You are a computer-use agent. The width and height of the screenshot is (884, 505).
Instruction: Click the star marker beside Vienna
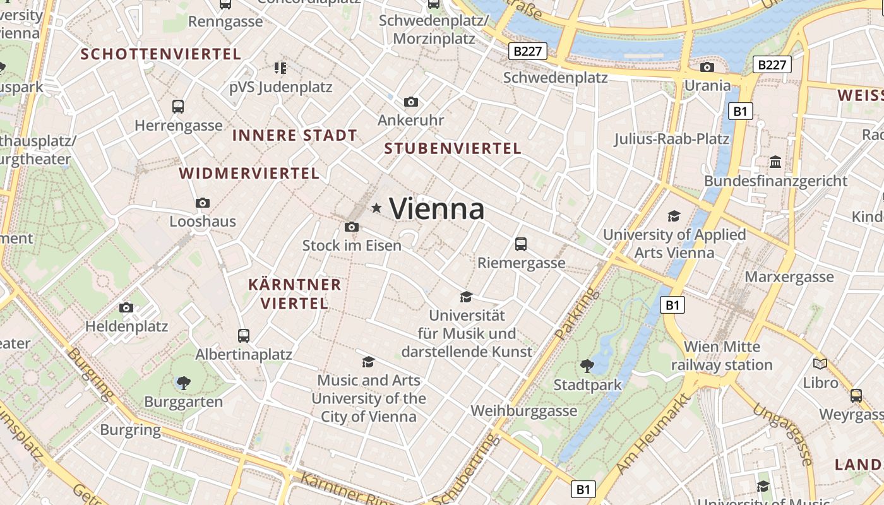pyautogui.click(x=376, y=208)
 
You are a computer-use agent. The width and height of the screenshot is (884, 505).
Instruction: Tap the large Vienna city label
pyautogui.click(x=437, y=209)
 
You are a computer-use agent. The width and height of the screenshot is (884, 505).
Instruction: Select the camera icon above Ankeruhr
pyautogui.click(x=411, y=102)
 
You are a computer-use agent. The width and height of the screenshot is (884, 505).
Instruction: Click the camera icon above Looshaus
pyautogui.click(x=203, y=203)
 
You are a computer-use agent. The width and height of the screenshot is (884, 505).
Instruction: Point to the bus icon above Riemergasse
pyautogui.click(x=521, y=244)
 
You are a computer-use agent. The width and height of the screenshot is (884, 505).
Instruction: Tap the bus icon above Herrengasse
pyautogui.click(x=178, y=107)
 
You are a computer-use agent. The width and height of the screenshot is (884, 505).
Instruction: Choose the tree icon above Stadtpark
pyautogui.click(x=587, y=365)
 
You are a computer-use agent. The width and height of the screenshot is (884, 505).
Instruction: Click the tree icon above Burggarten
pyautogui.click(x=184, y=383)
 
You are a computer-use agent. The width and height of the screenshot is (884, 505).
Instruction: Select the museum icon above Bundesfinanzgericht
pyautogui.click(x=775, y=162)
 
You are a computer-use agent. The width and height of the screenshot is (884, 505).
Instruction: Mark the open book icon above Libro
pyautogui.click(x=820, y=364)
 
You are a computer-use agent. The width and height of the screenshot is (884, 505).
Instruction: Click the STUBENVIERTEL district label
pyautogui.click(x=453, y=149)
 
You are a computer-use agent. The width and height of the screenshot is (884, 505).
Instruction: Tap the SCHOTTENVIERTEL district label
pyautogui.click(x=161, y=54)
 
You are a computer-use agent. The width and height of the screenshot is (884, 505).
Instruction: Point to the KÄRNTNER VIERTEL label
pyautogui.click(x=295, y=294)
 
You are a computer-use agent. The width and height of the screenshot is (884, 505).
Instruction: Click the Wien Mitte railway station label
pyautogui.click(x=722, y=356)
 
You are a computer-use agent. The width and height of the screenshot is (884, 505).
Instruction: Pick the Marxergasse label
pyautogui.click(x=789, y=277)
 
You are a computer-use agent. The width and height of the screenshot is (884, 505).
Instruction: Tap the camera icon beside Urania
pyautogui.click(x=707, y=67)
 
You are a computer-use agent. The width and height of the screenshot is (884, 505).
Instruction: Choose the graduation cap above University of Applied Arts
pyautogui.click(x=674, y=217)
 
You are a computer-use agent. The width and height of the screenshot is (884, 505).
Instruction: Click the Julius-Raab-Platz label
pyautogui.click(x=672, y=139)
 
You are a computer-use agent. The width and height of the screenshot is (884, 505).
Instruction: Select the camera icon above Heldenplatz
pyautogui.click(x=126, y=307)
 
